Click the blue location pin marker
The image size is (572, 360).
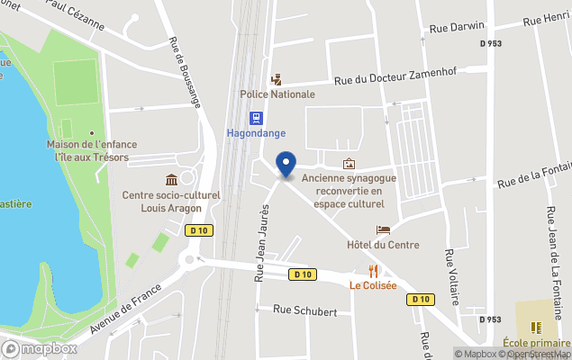click(286, 165)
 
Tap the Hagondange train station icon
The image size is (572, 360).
click(256, 117)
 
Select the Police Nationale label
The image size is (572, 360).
click(277, 94)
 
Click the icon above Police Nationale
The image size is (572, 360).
click(277, 79)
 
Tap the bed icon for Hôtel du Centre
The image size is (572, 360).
click(383, 230)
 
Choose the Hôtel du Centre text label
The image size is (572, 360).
click(383, 245)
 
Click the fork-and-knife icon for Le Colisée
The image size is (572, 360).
click(372, 271)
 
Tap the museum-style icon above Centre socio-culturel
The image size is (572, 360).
click(172, 181)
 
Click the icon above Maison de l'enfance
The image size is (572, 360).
click(67, 130)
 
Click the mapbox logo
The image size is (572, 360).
click(40, 348)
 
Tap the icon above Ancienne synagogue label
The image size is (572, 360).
click(349, 163)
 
